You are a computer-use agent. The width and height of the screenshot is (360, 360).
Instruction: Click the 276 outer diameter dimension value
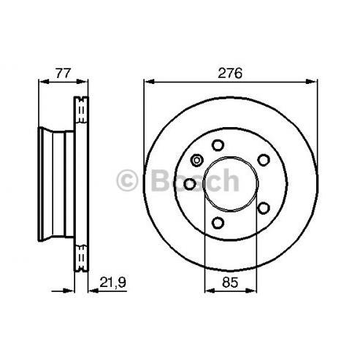230,73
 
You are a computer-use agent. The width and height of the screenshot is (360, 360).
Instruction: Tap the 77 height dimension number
63,73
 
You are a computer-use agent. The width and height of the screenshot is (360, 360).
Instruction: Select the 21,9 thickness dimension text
112,283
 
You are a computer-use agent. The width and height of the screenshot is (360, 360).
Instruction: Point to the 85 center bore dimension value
230,283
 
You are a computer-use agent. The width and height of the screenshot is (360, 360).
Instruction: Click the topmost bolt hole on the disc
218,145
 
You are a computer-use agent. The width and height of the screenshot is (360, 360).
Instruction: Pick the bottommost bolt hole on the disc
218,223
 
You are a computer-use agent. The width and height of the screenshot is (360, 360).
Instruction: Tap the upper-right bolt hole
264,160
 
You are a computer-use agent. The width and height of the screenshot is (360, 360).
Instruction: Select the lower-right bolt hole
264,208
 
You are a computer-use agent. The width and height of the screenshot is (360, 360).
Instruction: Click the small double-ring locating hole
196,161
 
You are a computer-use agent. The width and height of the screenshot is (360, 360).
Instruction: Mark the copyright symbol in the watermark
127,180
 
